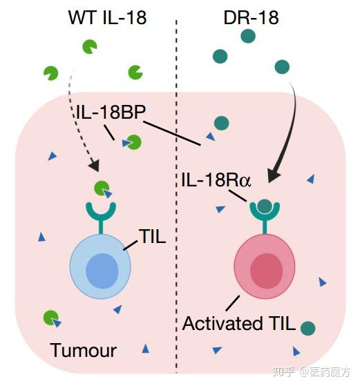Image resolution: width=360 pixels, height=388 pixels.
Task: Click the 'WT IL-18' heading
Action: pyautogui.click(x=107, y=17)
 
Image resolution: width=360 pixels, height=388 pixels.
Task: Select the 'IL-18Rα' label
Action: pyautogui.click(x=216, y=181)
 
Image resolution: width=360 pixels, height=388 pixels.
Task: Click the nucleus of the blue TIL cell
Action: pyautogui.click(x=101, y=270)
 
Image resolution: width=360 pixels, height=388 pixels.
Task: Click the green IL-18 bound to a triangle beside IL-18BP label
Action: pyautogui.click(x=133, y=142)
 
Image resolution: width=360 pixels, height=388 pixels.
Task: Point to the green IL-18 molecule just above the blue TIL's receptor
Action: pyautogui.click(x=102, y=188)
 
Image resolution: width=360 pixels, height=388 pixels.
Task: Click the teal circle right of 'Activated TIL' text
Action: pyautogui.click(x=308, y=329)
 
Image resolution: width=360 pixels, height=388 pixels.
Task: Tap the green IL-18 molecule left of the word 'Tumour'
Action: pyautogui.click(x=50, y=318)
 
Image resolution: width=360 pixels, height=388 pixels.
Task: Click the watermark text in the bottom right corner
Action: pyautogui.click(x=315, y=372)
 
